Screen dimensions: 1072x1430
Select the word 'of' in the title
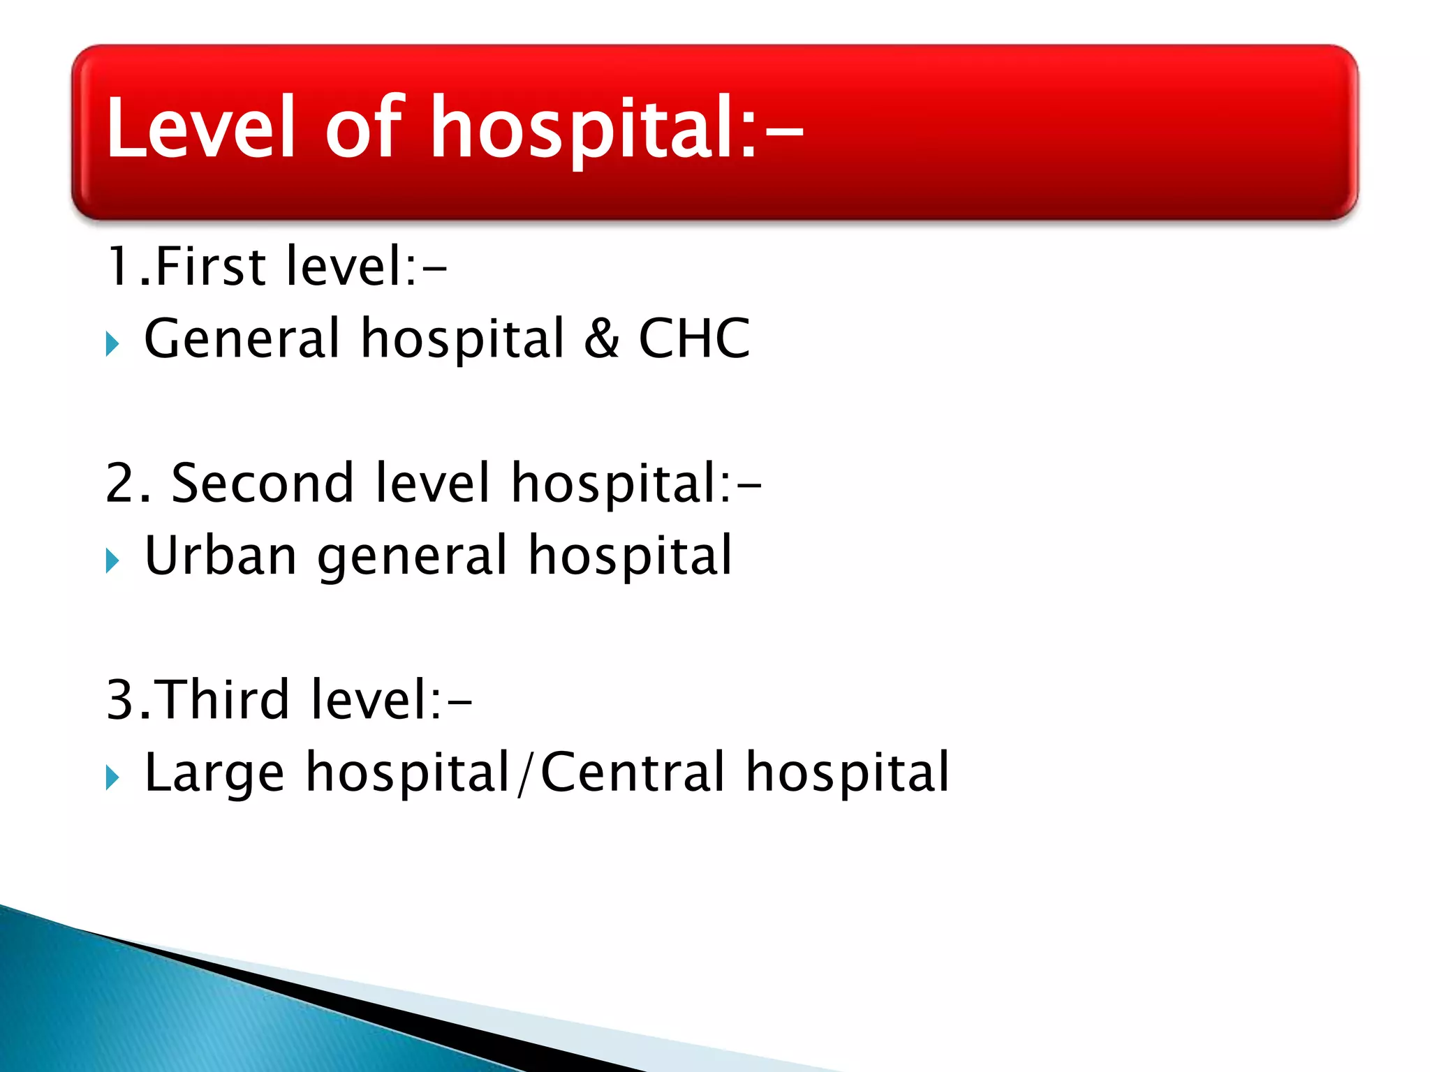tap(364, 127)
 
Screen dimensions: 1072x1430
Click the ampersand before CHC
tap(601, 338)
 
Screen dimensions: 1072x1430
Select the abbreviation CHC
tap(694, 338)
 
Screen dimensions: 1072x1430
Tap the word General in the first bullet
tap(242, 338)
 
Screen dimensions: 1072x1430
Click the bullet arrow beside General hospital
tap(112, 343)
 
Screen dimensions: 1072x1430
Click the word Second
tap(262, 483)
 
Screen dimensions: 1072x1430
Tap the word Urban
tap(221, 556)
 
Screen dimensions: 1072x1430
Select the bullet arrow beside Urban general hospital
tap(112, 560)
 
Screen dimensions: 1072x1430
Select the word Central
tap(633, 772)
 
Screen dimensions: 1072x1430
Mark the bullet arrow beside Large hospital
tap(112, 777)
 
